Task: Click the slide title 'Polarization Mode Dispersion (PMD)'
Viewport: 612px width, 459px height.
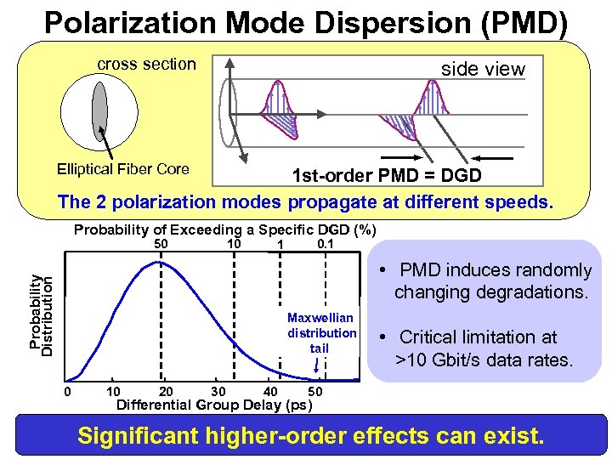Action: click(305, 23)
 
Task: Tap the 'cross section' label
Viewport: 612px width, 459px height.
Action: click(146, 65)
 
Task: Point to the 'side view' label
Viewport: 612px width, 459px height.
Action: click(483, 69)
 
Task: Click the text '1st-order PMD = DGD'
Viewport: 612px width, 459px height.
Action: click(387, 176)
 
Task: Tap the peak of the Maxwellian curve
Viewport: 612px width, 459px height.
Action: click(157, 263)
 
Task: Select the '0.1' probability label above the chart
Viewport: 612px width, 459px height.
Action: click(324, 245)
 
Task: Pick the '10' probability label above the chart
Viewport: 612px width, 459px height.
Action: click(234, 245)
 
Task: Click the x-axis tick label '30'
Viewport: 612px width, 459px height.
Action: click(218, 391)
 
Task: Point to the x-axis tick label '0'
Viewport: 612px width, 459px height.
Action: click(68, 391)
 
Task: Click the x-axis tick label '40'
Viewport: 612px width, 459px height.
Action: click(271, 391)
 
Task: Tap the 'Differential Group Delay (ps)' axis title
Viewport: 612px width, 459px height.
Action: click(214, 405)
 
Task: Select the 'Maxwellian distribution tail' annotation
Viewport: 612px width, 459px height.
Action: click(321, 332)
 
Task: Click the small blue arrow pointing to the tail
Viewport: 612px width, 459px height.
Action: click(317, 365)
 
